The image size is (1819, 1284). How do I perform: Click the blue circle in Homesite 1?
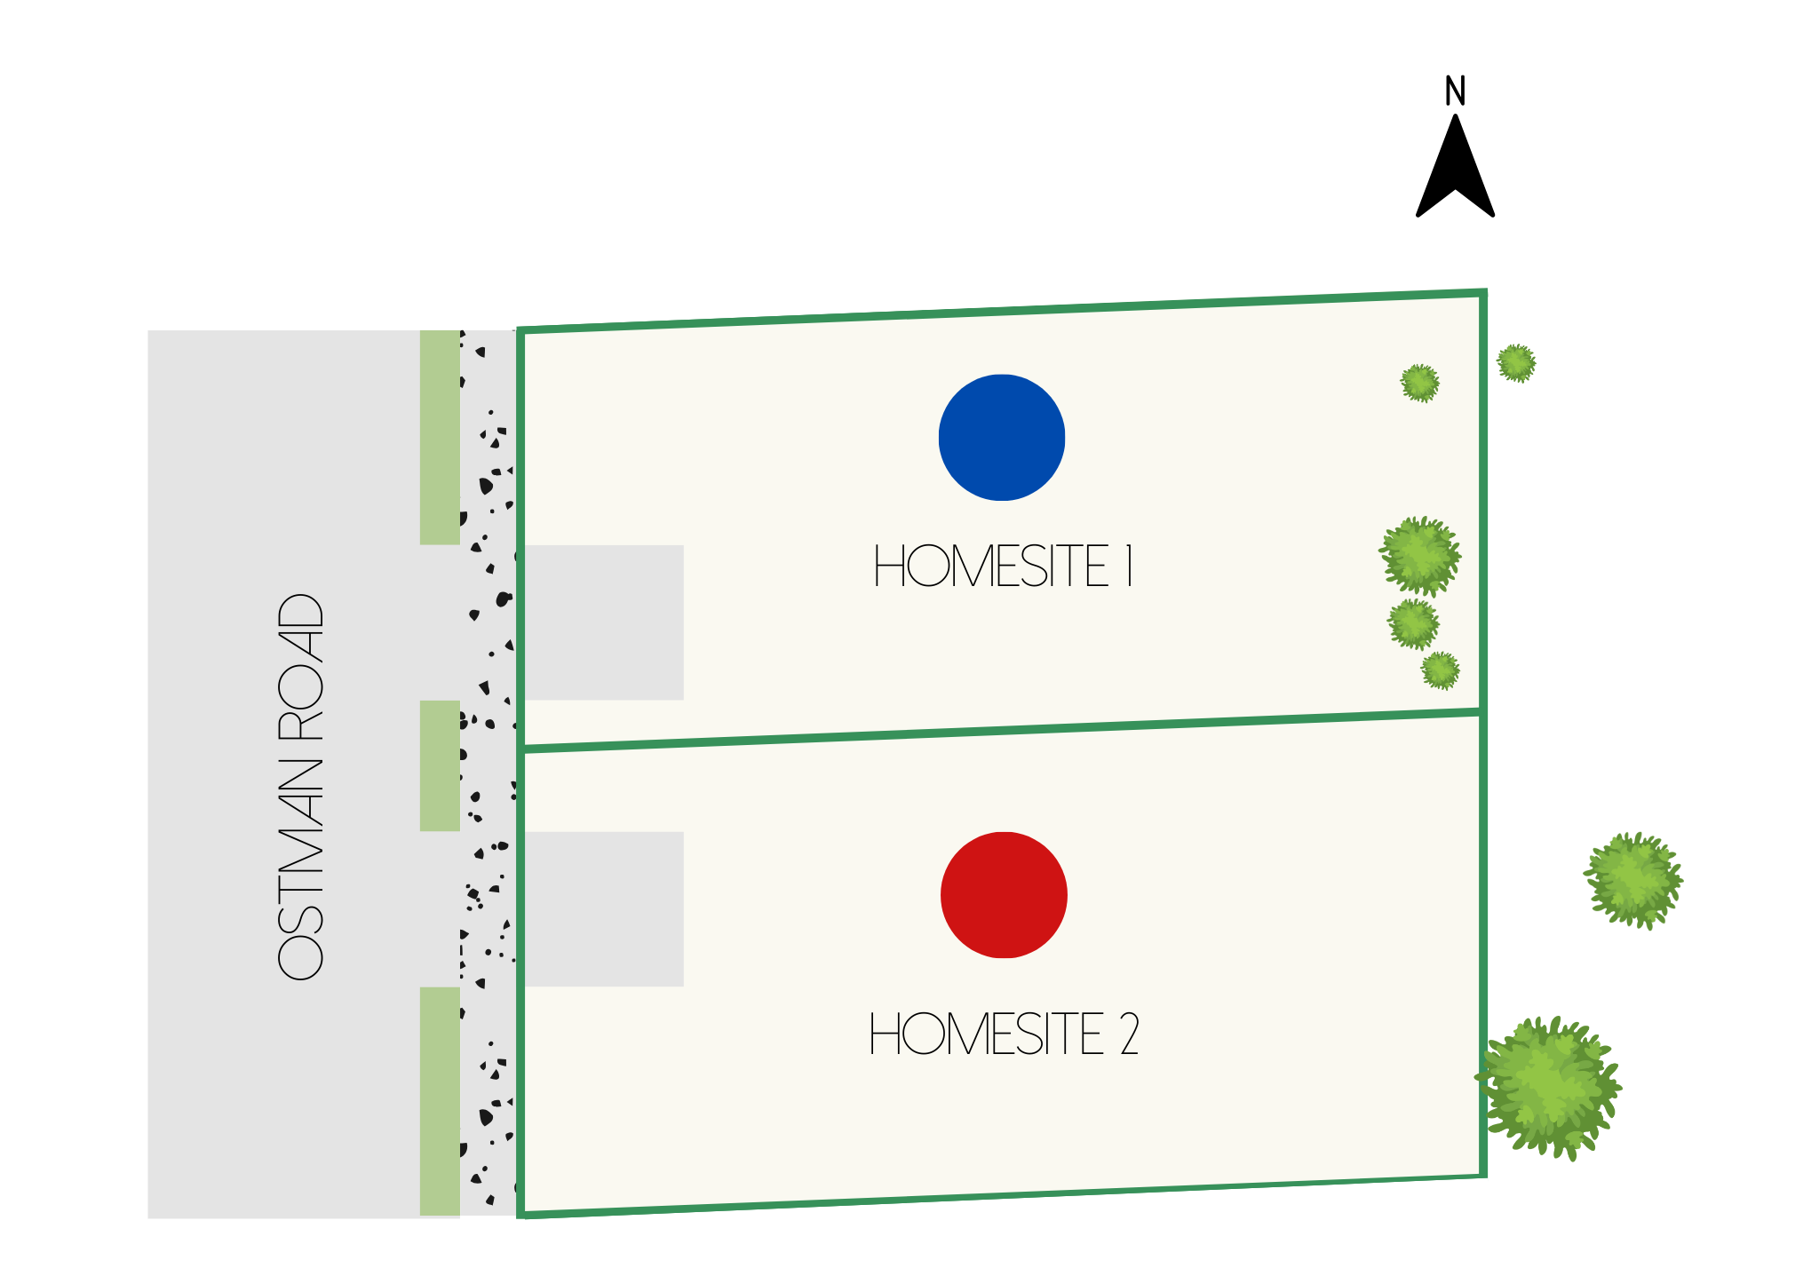pos(1001,438)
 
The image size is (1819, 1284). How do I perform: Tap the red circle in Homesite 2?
pos(1004,895)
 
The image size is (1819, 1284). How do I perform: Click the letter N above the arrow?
pos(1455,91)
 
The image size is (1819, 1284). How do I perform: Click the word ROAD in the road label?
pos(300,668)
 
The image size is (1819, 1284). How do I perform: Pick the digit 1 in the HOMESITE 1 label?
pos(1130,567)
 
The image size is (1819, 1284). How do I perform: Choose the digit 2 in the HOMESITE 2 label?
pos(1130,1034)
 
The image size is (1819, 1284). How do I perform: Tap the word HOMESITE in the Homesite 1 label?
pos(991,567)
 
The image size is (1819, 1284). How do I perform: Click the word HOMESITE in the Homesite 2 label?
pos(986,1034)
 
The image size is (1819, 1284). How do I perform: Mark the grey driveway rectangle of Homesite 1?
pos(604,622)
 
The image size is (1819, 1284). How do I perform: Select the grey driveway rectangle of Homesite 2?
pos(604,908)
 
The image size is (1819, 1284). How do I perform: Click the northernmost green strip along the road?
pos(440,437)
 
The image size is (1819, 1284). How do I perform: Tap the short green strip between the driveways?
pos(440,765)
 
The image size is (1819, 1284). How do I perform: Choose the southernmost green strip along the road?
pos(440,1101)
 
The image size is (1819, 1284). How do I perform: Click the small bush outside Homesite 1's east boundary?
pos(1516,363)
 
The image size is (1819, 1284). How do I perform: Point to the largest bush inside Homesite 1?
pos(1419,556)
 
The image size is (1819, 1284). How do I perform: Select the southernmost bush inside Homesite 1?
pos(1440,670)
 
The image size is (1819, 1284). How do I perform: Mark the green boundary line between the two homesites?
pos(1001,732)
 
